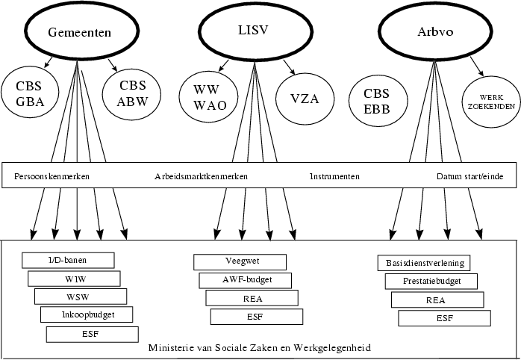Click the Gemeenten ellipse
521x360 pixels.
pos(79,33)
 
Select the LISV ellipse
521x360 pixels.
pos(253,31)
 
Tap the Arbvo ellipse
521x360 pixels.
pos(433,33)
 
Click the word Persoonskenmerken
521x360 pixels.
pos(52,177)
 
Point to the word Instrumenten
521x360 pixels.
pos(334,177)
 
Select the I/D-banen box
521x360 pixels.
pos(69,260)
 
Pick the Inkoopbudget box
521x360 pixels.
pos(87,314)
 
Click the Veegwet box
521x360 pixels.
pos(240,262)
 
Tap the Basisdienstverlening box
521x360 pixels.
pos(425,263)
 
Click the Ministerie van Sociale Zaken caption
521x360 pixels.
pos(260,349)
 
